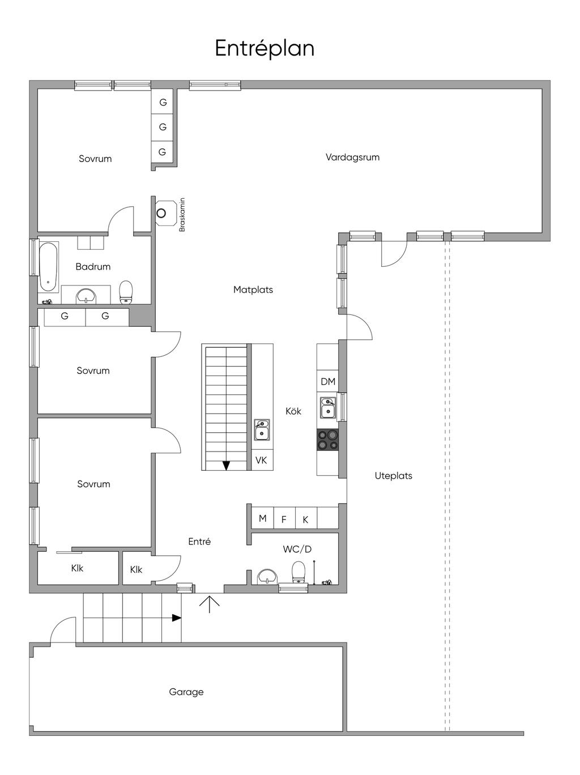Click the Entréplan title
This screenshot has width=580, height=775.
[x=265, y=49]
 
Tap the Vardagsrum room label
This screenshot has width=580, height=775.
[x=352, y=157]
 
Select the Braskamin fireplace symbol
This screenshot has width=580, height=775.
[x=165, y=213]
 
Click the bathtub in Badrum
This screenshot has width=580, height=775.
[x=48, y=267]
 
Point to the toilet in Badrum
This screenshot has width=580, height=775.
[x=126, y=292]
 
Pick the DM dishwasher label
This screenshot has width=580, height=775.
[x=328, y=381]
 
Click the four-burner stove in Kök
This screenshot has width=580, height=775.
[x=327, y=440]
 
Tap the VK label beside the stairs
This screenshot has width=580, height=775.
[x=261, y=460]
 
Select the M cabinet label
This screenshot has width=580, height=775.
[x=262, y=518]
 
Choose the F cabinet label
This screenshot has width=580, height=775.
[x=283, y=519]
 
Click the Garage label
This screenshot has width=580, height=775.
[x=186, y=692]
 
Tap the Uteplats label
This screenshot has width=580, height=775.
[x=393, y=475]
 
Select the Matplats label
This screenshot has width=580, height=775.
[x=253, y=289]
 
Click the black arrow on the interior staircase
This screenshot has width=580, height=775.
[x=227, y=465]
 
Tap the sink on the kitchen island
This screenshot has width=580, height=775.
[x=262, y=429]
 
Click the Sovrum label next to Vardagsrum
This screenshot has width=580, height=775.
[x=95, y=159]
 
